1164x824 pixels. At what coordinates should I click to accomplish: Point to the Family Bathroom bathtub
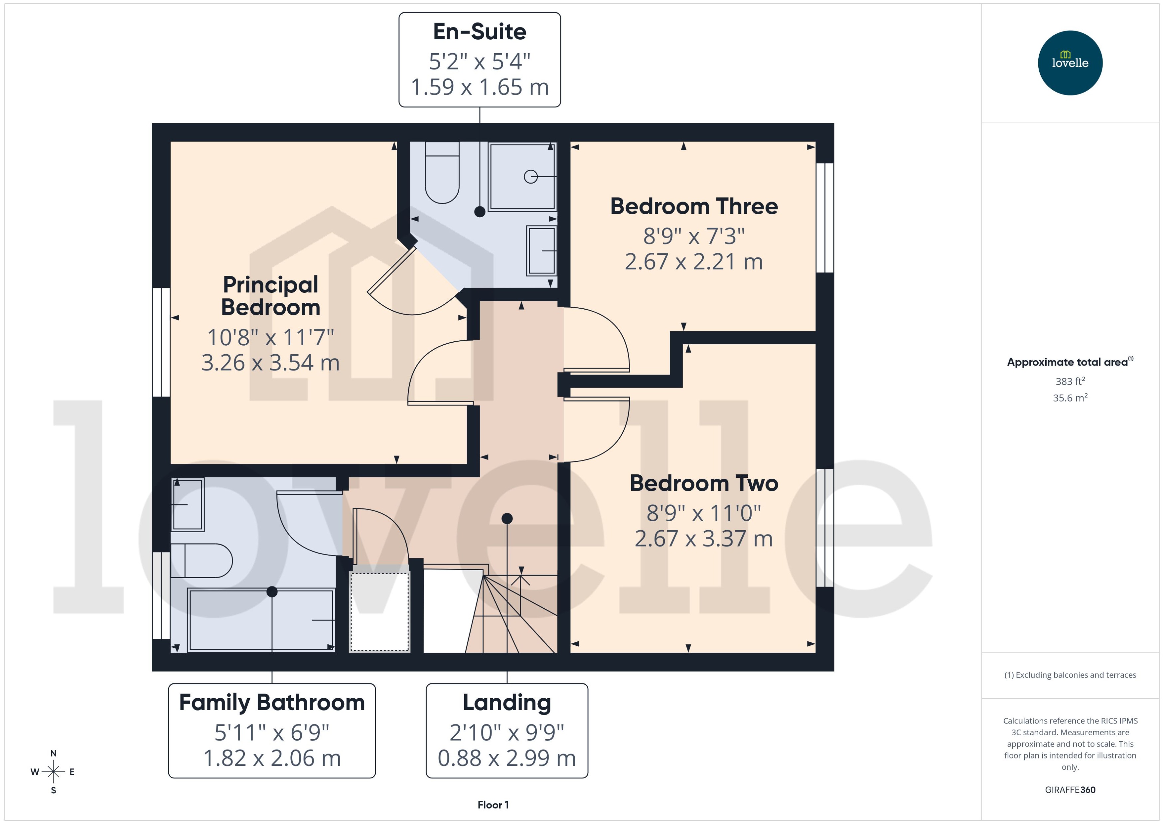[261, 619]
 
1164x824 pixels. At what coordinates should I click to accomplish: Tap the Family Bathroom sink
[188, 504]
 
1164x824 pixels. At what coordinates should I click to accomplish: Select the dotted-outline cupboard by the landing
[379, 611]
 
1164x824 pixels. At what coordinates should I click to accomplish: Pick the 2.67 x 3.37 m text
[703, 538]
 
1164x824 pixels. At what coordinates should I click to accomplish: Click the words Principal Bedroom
[270, 296]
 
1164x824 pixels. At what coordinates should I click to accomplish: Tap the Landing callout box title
[507, 703]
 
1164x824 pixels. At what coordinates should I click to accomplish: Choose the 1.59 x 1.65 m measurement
[479, 87]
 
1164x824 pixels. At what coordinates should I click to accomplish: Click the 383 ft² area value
[1070, 381]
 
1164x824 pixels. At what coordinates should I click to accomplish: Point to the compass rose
[53, 772]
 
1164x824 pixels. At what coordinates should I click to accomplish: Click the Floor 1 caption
[493, 805]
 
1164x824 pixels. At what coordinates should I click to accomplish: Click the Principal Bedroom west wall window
[161, 342]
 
